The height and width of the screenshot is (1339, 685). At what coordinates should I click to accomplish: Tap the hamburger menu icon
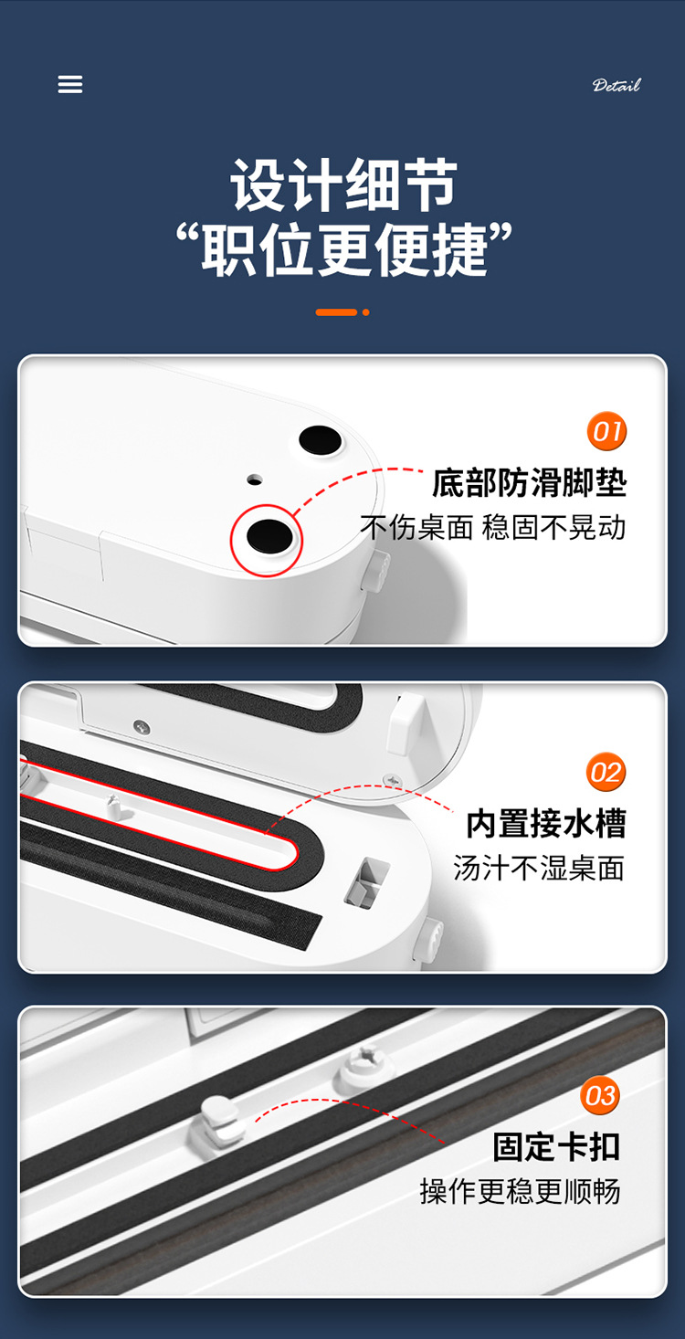pyautogui.click(x=70, y=84)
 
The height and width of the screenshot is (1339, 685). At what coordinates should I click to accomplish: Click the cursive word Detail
pyautogui.click(x=616, y=85)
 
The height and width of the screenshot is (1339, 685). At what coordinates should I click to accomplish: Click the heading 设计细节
pyautogui.click(x=343, y=185)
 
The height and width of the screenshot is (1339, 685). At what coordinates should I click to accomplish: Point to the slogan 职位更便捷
pyautogui.click(x=344, y=249)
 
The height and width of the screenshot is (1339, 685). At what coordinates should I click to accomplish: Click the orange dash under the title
pyautogui.click(x=336, y=312)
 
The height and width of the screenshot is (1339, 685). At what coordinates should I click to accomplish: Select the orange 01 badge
pyautogui.click(x=606, y=431)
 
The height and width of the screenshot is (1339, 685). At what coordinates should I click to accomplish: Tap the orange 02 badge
pyautogui.click(x=606, y=772)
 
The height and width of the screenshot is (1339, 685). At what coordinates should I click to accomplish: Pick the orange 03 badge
pyautogui.click(x=600, y=1095)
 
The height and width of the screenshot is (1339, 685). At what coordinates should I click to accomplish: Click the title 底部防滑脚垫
pyautogui.click(x=529, y=482)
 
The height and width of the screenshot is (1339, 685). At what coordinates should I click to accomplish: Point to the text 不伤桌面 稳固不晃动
pyautogui.click(x=493, y=527)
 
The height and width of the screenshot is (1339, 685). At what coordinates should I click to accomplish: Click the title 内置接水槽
pyautogui.click(x=546, y=823)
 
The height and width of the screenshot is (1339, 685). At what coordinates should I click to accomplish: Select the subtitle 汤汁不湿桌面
pyautogui.click(x=539, y=868)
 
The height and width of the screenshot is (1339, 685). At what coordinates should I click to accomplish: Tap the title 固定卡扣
pyautogui.click(x=556, y=1146)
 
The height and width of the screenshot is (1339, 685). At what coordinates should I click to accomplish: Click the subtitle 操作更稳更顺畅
pyautogui.click(x=520, y=1191)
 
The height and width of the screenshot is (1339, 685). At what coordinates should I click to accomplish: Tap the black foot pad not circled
pyautogui.click(x=320, y=440)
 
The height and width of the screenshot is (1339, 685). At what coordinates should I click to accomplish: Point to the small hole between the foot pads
pyautogui.click(x=255, y=480)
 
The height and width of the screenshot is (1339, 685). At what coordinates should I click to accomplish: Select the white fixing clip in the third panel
pyautogui.click(x=219, y=1123)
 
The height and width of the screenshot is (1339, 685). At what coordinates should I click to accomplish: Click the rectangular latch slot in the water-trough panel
pyautogui.click(x=366, y=882)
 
